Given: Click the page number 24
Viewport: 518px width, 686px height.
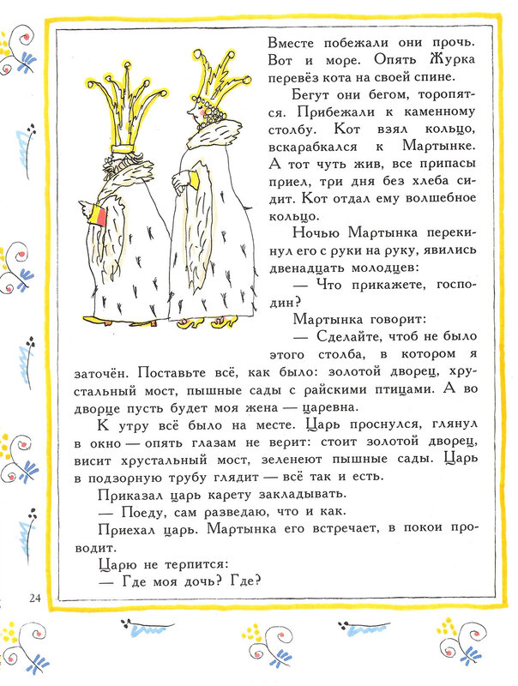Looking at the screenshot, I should tap(35, 598).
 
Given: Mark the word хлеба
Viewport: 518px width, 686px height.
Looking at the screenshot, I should tap(425, 159).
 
